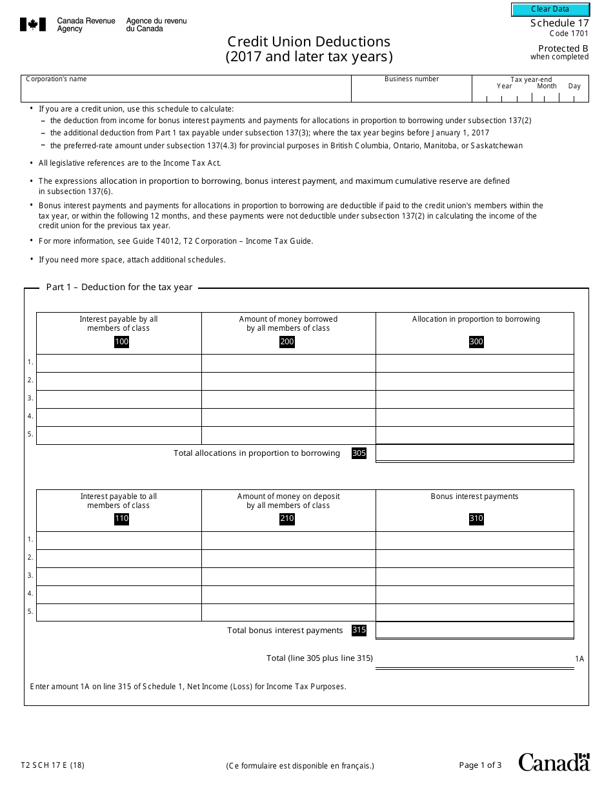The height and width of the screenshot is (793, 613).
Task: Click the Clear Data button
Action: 550,9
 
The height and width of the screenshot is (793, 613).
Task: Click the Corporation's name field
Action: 186,92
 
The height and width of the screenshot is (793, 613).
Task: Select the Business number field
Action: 411,92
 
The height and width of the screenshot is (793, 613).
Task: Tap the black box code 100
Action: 121,342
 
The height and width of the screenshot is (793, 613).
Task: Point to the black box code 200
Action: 287,342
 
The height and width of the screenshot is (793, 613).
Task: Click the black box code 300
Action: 476,342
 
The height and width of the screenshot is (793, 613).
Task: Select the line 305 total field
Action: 474,453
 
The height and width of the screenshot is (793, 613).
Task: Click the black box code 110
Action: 121,519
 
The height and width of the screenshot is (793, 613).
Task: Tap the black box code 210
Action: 287,519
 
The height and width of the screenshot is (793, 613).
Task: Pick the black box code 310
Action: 476,519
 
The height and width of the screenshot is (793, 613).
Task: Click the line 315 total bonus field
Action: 474,630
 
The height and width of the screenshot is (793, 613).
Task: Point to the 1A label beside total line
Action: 579,659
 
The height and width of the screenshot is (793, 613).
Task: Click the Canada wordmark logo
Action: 554,762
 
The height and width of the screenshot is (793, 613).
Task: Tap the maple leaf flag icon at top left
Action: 32,25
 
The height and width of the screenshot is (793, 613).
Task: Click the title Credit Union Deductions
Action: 308,41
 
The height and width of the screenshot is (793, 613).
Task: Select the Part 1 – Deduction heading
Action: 119,288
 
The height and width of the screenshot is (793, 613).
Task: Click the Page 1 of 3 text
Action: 480,765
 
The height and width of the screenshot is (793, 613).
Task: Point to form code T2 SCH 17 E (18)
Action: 52,766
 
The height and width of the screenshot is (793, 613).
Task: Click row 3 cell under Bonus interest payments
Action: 474,576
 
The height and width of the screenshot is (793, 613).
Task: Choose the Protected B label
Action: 563,48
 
